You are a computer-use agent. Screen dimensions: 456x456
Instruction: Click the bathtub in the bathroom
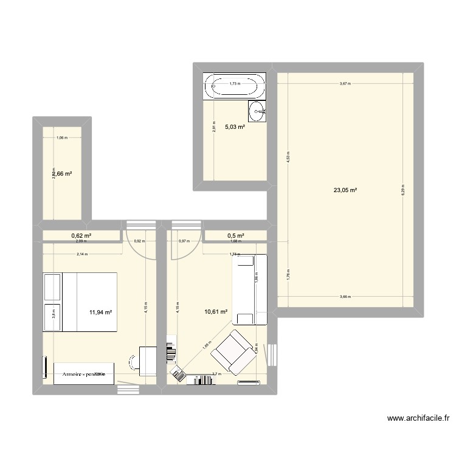click(235, 86)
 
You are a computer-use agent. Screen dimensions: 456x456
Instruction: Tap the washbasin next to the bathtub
click(257, 111)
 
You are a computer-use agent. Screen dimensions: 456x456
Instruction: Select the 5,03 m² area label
click(235, 127)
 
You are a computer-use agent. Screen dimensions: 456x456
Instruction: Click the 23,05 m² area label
click(345, 190)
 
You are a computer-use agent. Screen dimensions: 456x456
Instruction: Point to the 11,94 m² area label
click(101, 312)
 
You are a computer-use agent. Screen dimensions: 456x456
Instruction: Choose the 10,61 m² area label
click(216, 312)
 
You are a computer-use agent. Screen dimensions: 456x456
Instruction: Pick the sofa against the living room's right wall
click(251, 290)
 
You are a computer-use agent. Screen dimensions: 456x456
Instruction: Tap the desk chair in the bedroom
click(132, 361)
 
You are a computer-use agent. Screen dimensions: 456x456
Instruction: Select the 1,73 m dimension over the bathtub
click(234, 84)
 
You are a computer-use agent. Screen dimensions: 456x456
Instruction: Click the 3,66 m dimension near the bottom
click(345, 297)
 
